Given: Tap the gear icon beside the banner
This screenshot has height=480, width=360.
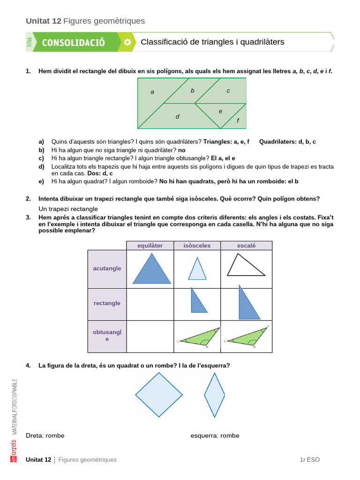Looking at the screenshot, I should click(x=127, y=43).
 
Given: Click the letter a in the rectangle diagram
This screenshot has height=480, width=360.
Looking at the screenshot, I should click(x=152, y=92).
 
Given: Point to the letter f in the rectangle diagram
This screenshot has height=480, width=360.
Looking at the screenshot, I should click(x=238, y=120).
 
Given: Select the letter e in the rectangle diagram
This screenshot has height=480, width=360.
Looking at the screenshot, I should click(x=220, y=112).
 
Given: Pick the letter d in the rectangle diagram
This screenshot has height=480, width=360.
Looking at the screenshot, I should click(x=178, y=116).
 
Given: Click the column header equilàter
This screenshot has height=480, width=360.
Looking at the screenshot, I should click(x=150, y=246).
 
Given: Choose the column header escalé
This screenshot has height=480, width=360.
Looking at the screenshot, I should click(x=246, y=246).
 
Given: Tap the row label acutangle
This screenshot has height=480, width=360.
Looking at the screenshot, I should click(x=107, y=269).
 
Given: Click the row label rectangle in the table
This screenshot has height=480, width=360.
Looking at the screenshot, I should click(x=107, y=303).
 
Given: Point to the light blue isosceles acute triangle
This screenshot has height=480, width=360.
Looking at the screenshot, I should click(x=197, y=270).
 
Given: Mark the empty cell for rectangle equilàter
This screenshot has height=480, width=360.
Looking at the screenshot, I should click(x=150, y=304).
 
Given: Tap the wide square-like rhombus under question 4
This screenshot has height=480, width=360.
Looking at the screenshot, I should click(x=159, y=395).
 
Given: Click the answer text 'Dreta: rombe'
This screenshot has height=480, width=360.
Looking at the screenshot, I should click(x=45, y=435).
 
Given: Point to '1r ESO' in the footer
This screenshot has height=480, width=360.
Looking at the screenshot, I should click(x=309, y=459).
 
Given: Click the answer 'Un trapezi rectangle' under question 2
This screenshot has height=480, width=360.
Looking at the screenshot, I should click(x=68, y=209).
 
